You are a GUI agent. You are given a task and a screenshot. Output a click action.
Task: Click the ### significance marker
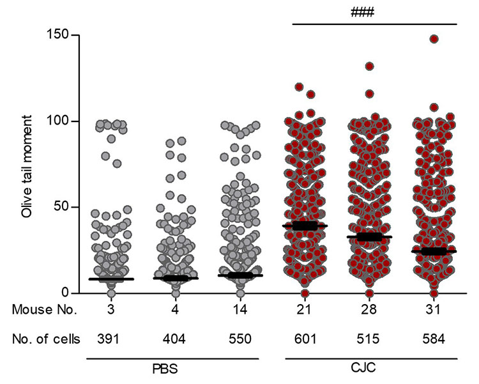click(x=376, y=12)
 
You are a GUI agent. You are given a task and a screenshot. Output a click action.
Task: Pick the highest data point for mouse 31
click(x=434, y=39)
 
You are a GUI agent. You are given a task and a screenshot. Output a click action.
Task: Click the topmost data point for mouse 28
click(x=369, y=66)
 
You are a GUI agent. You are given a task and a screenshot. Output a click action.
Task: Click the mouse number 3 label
click(x=111, y=311)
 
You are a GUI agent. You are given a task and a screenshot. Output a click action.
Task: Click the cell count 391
click(x=111, y=339)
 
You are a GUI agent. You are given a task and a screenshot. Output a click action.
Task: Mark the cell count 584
click(x=434, y=339)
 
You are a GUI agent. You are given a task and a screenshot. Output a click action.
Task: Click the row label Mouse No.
click(x=45, y=311)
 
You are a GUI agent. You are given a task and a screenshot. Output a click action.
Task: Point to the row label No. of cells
click(x=45, y=339)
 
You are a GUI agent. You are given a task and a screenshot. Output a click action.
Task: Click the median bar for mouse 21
click(x=304, y=226)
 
